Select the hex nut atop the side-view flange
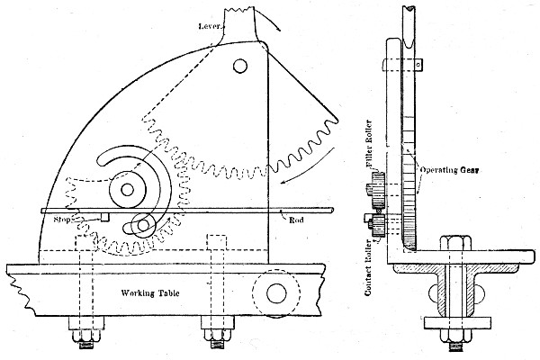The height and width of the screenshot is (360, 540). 454,243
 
